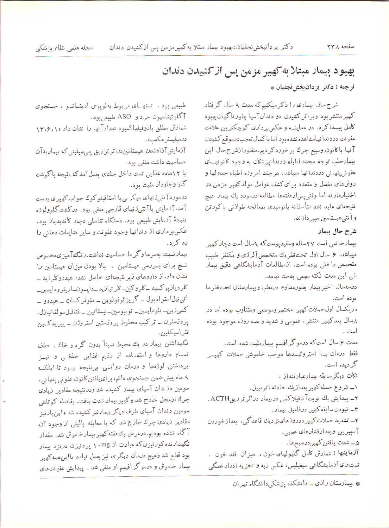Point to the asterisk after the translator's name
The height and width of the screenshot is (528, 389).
tap(273, 88)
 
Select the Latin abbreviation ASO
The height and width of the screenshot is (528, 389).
tap(124, 117)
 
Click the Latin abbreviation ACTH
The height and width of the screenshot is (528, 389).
tap(220, 398)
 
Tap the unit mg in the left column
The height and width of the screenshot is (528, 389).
tap(105, 444)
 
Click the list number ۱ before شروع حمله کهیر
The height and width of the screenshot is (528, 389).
tap(355, 387)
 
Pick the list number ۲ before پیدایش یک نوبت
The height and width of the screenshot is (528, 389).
tap(356, 399)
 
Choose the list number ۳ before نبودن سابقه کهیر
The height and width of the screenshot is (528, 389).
tap(356, 410)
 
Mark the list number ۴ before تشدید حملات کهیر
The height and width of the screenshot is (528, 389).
tap(356, 421)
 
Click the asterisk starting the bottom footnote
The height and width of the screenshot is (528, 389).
tap(358, 484)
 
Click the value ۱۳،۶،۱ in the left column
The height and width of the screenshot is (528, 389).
tap(47, 128)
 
